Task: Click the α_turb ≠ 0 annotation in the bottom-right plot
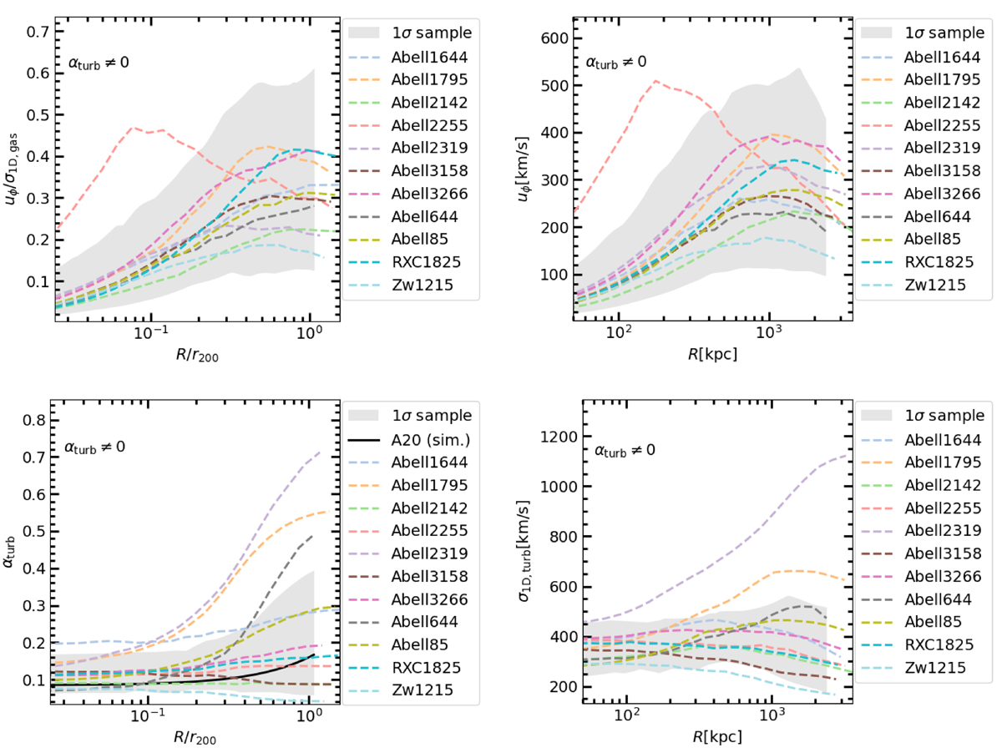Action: point(625,451)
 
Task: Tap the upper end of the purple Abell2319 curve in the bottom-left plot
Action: point(321,452)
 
